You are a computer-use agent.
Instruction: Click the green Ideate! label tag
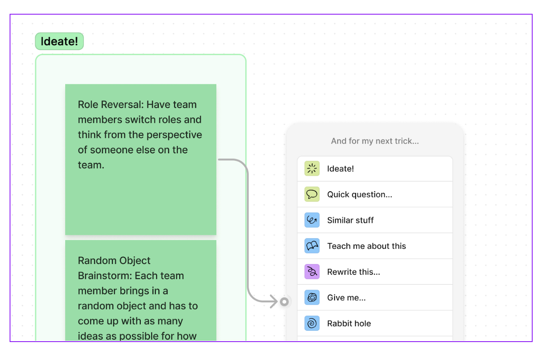click(x=59, y=41)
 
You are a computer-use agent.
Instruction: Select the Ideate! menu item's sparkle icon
click(x=312, y=169)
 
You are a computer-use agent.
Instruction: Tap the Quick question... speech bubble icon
click(x=312, y=195)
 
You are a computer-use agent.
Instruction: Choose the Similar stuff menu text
click(x=350, y=221)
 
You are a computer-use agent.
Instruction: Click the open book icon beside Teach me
click(x=312, y=246)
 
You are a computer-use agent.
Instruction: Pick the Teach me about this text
click(x=366, y=246)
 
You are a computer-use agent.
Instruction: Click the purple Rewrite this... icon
click(x=312, y=272)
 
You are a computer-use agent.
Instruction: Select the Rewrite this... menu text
click(x=353, y=272)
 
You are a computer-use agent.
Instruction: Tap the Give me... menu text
click(x=346, y=298)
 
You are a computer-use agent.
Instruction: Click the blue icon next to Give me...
click(x=312, y=298)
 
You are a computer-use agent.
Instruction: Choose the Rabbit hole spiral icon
click(x=312, y=324)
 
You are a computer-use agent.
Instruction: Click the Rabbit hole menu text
click(x=349, y=324)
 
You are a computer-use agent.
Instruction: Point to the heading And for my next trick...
click(x=375, y=141)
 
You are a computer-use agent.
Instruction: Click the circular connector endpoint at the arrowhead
click(x=284, y=302)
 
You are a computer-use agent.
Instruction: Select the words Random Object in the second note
click(x=114, y=261)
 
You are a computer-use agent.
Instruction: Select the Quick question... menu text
click(x=359, y=195)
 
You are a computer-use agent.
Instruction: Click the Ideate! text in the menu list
click(x=340, y=169)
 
